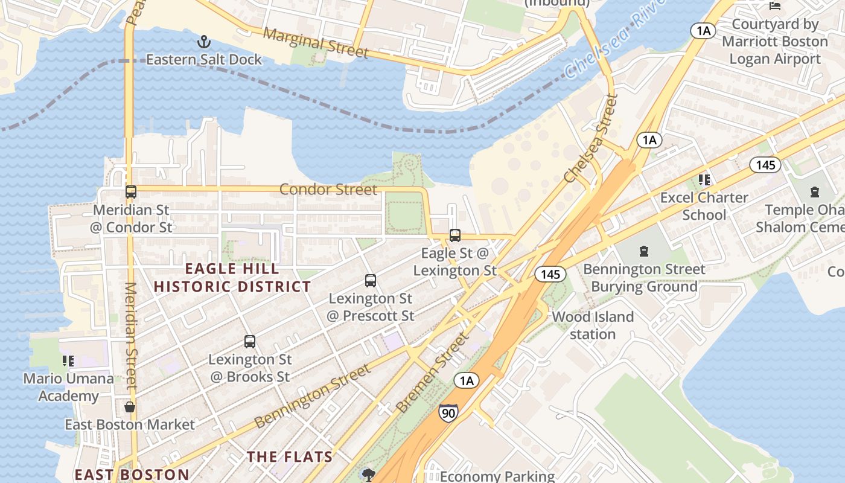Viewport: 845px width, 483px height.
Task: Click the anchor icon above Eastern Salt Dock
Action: coord(204,42)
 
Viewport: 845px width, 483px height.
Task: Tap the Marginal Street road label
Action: coord(316,43)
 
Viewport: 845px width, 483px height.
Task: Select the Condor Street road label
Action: coord(328,190)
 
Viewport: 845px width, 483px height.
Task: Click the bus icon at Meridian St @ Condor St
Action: coord(131,192)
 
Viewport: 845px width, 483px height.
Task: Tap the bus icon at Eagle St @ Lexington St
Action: coord(455,235)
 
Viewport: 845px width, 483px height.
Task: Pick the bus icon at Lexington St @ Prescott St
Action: coord(371,281)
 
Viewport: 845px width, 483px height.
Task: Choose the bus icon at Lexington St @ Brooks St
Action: coord(250,342)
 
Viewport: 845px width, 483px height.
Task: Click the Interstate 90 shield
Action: coord(448,412)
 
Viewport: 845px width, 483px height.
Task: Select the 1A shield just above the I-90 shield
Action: coord(465,380)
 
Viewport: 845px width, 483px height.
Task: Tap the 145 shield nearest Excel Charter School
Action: coord(765,164)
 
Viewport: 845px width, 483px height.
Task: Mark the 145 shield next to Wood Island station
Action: coord(550,274)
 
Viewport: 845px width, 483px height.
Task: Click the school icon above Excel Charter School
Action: coord(704,180)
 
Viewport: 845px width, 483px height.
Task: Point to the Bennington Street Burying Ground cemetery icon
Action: coord(644,251)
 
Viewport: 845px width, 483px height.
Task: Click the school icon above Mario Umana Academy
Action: coord(68,361)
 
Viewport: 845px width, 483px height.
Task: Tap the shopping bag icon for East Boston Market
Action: coord(130,407)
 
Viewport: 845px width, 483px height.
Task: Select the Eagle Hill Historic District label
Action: coord(232,278)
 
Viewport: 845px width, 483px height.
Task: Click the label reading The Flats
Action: coord(290,457)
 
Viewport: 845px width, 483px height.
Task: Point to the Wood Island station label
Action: coord(593,325)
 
